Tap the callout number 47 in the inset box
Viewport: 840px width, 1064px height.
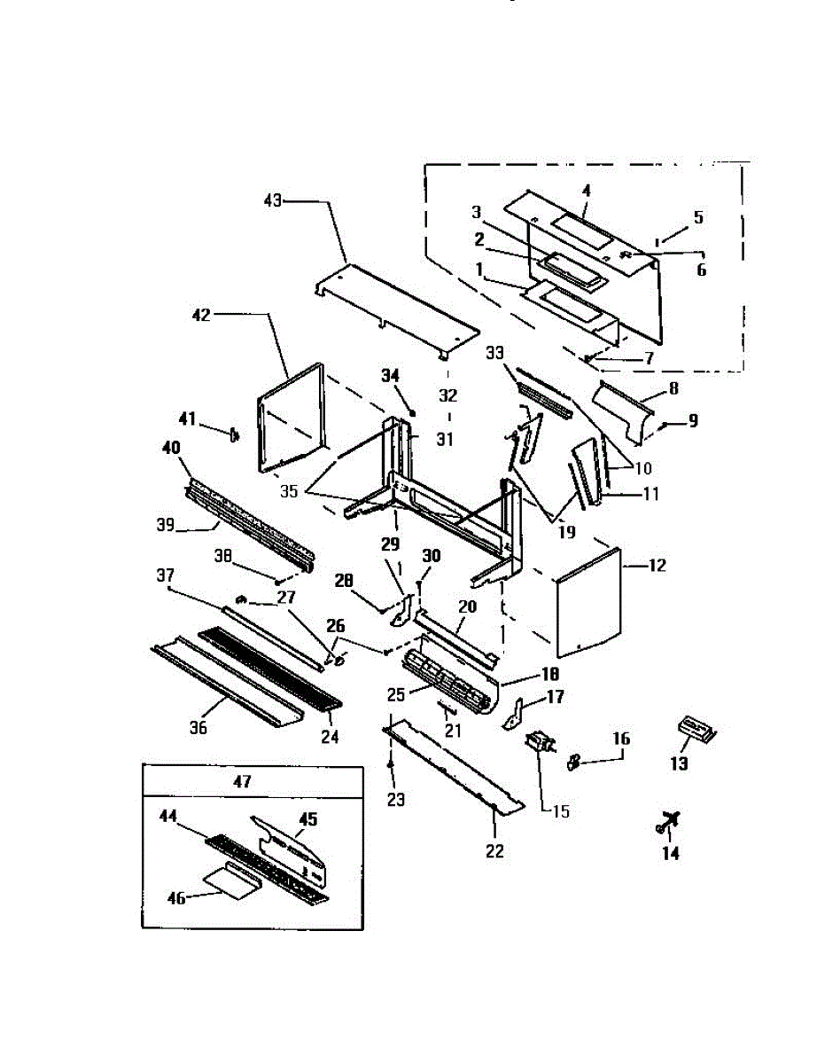[x=242, y=781]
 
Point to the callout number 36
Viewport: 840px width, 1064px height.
[x=198, y=727]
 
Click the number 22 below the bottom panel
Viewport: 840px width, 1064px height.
[x=494, y=851]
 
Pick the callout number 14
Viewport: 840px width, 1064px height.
[x=671, y=853]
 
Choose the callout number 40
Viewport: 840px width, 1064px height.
[x=170, y=450]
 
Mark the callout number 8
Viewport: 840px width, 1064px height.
[x=673, y=387]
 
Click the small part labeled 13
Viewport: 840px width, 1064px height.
[x=696, y=729]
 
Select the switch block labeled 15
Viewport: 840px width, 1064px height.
[x=538, y=743]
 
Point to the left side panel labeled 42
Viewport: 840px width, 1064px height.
[x=291, y=417]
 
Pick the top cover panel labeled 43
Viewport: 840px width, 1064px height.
[x=399, y=306]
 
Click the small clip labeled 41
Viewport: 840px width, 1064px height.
[x=235, y=434]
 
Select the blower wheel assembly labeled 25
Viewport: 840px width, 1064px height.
[x=447, y=683]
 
